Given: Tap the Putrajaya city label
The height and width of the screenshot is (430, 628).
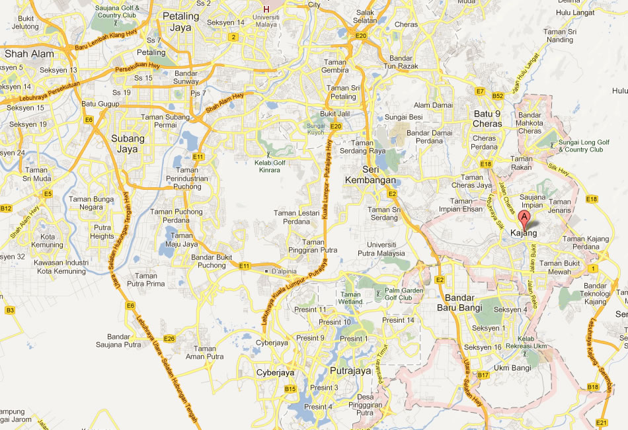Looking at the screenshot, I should pos(350,371).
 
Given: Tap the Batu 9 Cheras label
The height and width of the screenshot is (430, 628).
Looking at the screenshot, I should pos(488,118).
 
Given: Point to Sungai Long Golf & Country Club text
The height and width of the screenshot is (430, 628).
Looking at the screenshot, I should pos(582,146).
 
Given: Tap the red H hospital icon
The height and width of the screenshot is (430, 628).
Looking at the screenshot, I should pos(266,9).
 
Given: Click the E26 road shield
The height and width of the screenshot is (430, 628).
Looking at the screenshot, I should pos(169,339).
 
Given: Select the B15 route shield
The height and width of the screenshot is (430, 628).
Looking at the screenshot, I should pos(290,389).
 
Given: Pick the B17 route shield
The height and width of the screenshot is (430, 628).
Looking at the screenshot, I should pos(483,375).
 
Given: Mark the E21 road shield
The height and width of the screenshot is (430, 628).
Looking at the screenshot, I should pos(601,422).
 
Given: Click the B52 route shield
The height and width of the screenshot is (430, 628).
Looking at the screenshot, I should pos(498,96).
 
